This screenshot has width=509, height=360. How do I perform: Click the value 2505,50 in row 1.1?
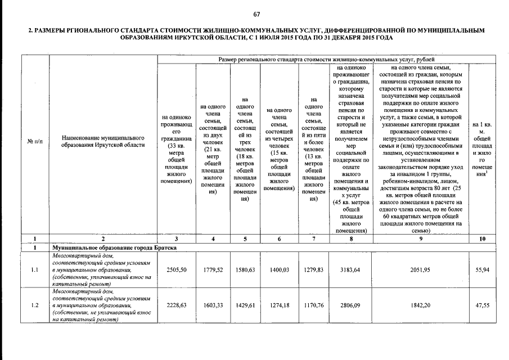point(177,270)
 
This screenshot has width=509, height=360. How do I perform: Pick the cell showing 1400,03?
point(278,270)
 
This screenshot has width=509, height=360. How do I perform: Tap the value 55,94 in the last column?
point(482,270)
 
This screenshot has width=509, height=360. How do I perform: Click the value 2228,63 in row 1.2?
point(177,305)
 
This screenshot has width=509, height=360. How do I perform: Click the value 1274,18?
point(278,305)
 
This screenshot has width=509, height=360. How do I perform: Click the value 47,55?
point(482,305)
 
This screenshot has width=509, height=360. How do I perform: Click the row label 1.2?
point(35,305)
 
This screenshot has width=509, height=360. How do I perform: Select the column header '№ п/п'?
point(35,141)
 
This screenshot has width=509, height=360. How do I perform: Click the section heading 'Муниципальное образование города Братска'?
point(114,247)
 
